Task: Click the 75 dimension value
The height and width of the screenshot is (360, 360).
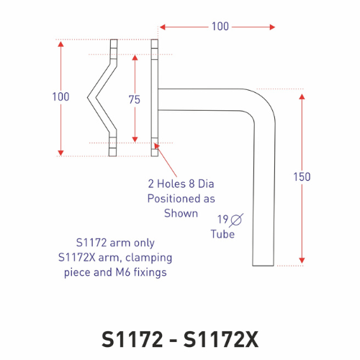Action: [134, 100]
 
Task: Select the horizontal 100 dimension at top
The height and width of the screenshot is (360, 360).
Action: [220, 27]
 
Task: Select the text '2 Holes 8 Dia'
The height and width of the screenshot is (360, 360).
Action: [181, 183]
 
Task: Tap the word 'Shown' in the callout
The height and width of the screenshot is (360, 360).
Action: [181, 213]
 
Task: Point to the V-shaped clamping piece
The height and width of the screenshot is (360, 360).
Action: [101, 96]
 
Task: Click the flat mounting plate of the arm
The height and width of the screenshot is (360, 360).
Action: [154, 97]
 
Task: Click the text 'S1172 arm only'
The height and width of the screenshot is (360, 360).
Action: [115, 243]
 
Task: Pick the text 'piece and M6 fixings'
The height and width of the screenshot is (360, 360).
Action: [115, 272]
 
